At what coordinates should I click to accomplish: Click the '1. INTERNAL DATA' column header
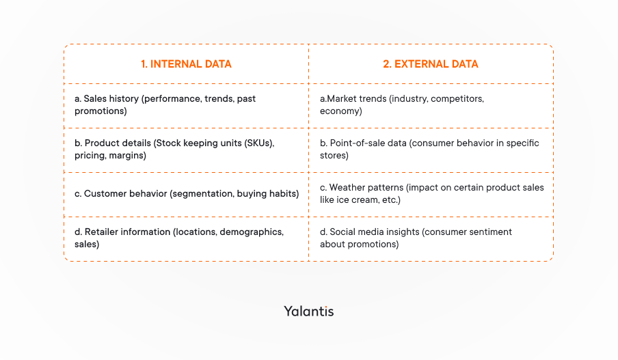coord(186,64)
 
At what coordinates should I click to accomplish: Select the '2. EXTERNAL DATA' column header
coord(430,64)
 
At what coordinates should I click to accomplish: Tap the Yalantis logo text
coord(309,311)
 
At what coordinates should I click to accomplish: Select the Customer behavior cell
coord(187,194)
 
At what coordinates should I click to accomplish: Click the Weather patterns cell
coord(431,193)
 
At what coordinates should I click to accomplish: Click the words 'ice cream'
coord(359,200)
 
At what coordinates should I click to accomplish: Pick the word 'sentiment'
coord(487,232)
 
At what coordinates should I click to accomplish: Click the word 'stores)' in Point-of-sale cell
coord(334,156)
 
